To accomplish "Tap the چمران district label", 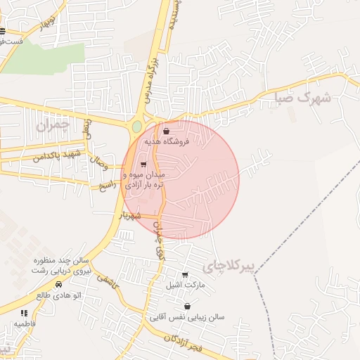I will click(53, 125).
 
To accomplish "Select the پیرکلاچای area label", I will click(225, 266).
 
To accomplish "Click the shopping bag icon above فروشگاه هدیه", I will click(166, 131).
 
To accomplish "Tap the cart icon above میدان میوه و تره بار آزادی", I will click(144, 165).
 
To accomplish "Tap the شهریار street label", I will click(131, 213).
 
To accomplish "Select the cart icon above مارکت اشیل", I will click(185, 275).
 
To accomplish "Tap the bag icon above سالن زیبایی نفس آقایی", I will click(187, 307).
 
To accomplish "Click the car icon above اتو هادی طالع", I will click(58, 285).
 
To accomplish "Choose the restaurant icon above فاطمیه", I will click(24, 314).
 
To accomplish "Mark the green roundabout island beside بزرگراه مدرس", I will click(136, 127).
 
